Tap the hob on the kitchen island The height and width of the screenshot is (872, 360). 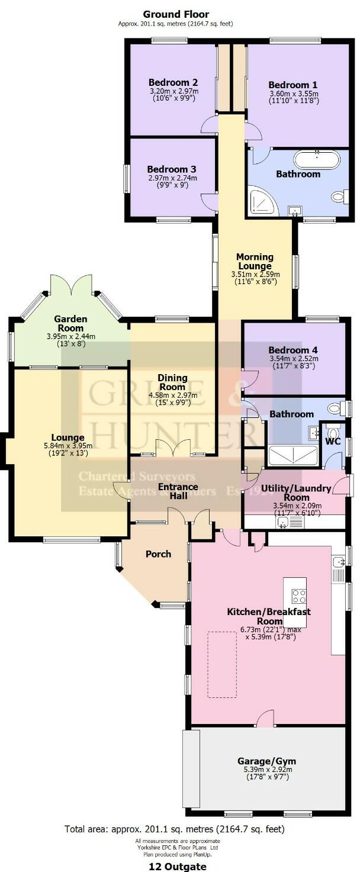coord(298,596)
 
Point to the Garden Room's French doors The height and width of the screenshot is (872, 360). coord(71,286)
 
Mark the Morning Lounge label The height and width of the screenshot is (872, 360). coord(255,261)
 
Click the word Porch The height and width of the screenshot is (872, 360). coord(158,554)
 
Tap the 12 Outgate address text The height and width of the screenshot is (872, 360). coord(178,866)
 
